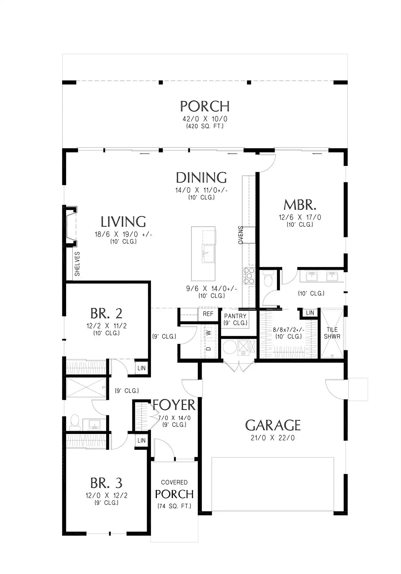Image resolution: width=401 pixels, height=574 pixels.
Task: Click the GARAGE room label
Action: click(x=273, y=425)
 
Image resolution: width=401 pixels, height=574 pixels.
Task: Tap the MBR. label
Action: click(x=300, y=205)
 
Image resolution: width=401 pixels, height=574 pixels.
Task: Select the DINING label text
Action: click(x=201, y=178)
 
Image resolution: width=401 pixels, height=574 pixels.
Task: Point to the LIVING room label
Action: click(x=123, y=222)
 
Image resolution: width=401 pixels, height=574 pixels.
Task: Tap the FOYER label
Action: click(x=174, y=405)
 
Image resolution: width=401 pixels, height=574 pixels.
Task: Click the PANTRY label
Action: click(x=235, y=316)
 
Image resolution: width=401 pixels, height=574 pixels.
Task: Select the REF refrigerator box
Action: click(x=208, y=314)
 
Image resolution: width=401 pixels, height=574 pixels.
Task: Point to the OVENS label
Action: click(x=241, y=235)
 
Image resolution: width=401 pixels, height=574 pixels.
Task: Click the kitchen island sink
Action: click(x=208, y=253)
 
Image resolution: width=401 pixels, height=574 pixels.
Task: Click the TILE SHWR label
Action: click(x=332, y=333)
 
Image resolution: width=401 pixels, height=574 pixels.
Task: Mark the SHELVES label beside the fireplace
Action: click(x=77, y=264)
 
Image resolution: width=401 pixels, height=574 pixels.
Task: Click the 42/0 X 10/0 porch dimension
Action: click(x=205, y=119)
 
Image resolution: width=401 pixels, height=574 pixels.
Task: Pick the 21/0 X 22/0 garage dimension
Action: click(x=273, y=438)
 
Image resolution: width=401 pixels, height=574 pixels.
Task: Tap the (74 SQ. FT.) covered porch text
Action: click(x=174, y=506)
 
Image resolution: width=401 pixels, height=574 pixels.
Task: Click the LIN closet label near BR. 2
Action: click(x=142, y=368)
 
